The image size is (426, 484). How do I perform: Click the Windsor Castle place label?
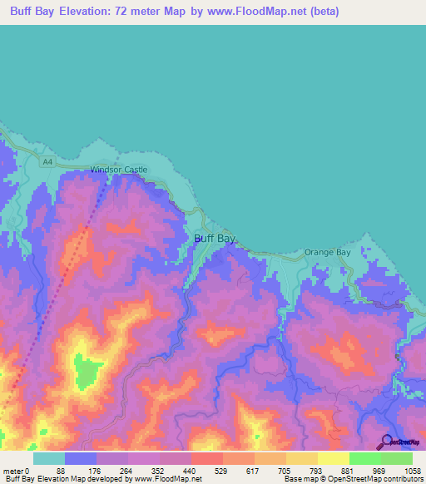pyautogui.click(x=119, y=170)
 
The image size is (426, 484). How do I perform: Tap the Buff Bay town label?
pyautogui.click(x=215, y=239)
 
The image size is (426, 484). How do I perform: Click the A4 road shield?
pyautogui.click(x=47, y=162)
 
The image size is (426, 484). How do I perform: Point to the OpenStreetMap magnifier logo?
pyautogui.click(x=387, y=442)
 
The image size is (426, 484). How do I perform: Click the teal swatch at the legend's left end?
pyautogui.click(x=48, y=458)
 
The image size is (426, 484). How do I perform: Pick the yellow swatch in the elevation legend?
pyautogui.click(x=333, y=458)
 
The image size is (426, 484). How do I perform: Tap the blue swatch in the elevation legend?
pyautogui.click(x=80, y=458)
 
